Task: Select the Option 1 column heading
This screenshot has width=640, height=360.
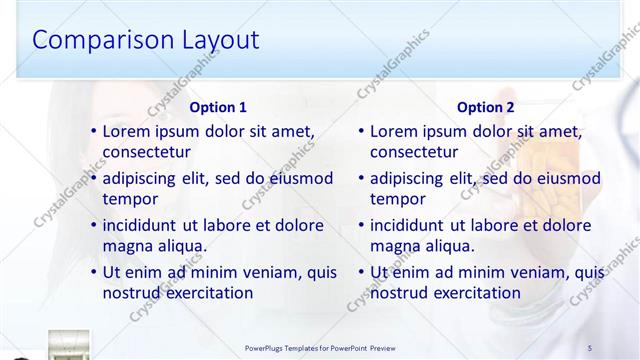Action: pos(218,107)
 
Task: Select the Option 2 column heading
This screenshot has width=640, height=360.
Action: pos(485,107)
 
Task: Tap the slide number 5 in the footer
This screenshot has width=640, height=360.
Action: pos(590,347)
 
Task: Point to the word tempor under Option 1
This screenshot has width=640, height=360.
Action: pos(129,199)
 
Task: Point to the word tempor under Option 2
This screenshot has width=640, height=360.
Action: pos(397,199)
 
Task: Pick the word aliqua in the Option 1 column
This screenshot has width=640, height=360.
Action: pos(181,246)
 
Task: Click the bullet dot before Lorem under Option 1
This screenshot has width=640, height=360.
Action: pos(94,131)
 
